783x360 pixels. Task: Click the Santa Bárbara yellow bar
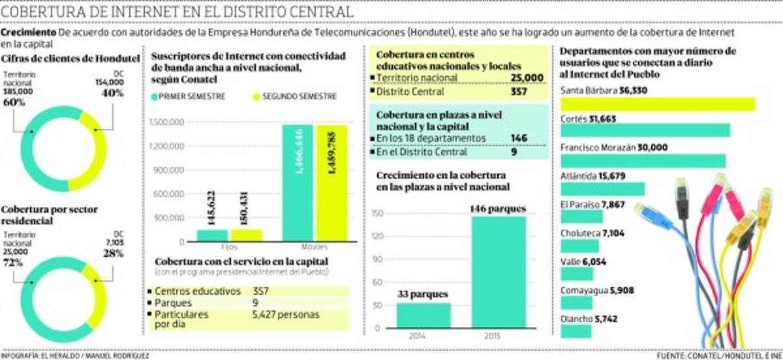coord(657,104)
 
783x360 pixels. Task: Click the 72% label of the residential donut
coord(13,262)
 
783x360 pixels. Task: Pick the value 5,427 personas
coord(285,314)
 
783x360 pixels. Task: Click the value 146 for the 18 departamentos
coord(520,138)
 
